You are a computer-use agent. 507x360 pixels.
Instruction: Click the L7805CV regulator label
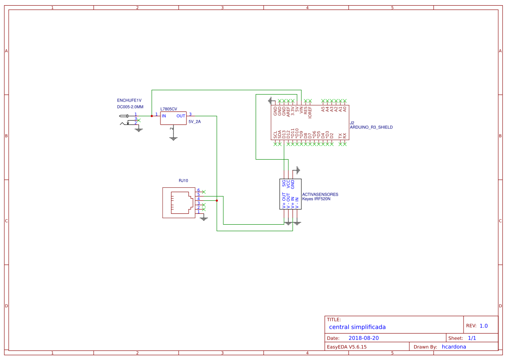pyautogui.click(x=169, y=109)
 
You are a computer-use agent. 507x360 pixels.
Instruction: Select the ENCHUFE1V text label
pyautogui.click(x=129, y=100)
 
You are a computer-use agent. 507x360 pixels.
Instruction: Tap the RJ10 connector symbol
pyautogui.click(x=179, y=203)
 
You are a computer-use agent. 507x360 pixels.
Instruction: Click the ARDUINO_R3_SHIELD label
pyautogui.click(x=371, y=128)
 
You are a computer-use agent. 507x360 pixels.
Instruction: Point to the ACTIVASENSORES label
pyautogui.click(x=320, y=195)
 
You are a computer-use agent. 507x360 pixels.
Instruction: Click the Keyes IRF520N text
pyautogui.click(x=316, y=199)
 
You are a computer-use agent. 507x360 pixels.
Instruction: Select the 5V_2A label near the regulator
pyautogui.click(x=194, y=122)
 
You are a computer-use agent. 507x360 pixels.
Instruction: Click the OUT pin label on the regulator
pyautogui.click(x=180, y=116)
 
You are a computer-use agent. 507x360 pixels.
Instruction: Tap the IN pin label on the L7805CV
pyautogui.click(x=164, y=116)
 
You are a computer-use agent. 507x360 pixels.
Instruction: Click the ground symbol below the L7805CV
pyautogui.click(x=173, y=139)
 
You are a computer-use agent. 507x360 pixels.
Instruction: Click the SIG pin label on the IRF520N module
pyautogui.click(x=284, y=183)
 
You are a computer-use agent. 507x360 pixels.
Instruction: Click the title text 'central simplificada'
pyautogui.click(x=357, y=327)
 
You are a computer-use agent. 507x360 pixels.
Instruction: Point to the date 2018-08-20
pyautogui.click(x=363, y=338)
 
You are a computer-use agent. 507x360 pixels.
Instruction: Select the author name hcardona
pyautogui.click(x=454, y=347)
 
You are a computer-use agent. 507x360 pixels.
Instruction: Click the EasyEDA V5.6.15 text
pyautogui.click(x=347, y=347)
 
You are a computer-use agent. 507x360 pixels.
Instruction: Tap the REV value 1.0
pyautogui.click(x=483, y=326)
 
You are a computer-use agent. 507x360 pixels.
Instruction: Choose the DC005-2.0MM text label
pyautogui.click(x=130, y=107)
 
